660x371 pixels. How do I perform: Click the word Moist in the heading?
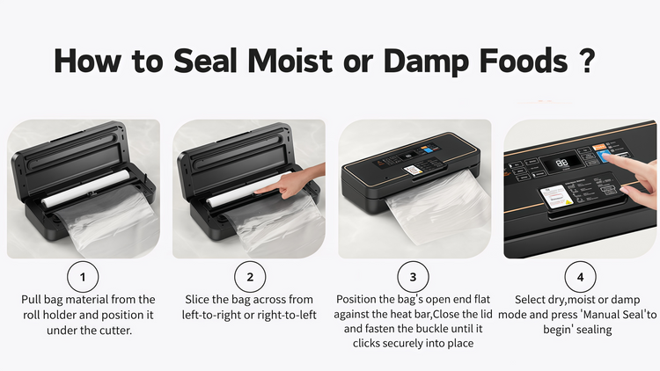[290, 61]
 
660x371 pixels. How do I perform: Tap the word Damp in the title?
[426, 62]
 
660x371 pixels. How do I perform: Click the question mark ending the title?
[586, 61]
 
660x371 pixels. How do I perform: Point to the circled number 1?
[83, 277]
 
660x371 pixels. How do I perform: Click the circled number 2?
[250, 277]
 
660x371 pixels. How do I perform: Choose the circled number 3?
[413, 277]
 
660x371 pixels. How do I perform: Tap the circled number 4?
[580, 277]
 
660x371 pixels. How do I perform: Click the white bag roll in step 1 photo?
[86, 188]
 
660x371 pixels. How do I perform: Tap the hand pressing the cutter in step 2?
[290, 183]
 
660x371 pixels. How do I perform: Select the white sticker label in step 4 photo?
[555, 196]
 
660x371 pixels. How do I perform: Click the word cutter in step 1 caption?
[116, 331]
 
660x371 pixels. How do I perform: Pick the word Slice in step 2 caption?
[197, 300]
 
